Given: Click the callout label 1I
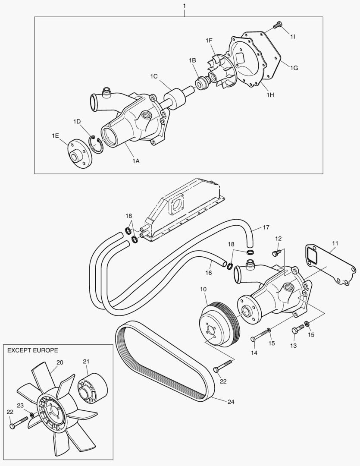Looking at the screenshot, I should click(x=292, y=37).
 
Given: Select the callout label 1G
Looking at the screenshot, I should click(x=294, y=68).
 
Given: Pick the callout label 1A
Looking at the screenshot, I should click(x=136, y=161).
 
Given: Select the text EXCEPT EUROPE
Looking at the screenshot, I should click(x=33, y=350).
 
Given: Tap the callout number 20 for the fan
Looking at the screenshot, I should click(x=59, y=362).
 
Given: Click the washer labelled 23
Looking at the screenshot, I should click(x=31, y=415).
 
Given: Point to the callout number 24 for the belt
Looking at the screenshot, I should click(x=231, y=401).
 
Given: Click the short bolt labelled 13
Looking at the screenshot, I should click(x=295, y=331).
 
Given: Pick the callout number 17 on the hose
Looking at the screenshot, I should click(x=266, y=227).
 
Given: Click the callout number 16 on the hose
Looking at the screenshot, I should click(x=209, y=273).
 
